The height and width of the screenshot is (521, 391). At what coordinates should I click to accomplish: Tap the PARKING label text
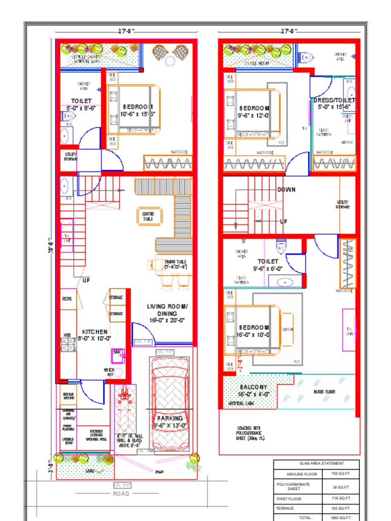(x=170, y=418)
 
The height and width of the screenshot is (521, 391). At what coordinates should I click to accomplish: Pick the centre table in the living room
(x=148, y=216)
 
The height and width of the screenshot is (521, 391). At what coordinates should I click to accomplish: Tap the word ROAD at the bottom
(x=121, y=494)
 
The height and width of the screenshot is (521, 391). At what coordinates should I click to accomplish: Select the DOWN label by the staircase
(x=287, y=190)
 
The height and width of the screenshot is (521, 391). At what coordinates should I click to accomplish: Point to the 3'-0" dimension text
(x=51, y=467)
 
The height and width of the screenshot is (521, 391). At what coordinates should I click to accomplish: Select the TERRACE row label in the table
(x=285, y=508)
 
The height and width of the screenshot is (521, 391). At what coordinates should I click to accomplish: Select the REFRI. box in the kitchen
(x=68, y=299)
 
